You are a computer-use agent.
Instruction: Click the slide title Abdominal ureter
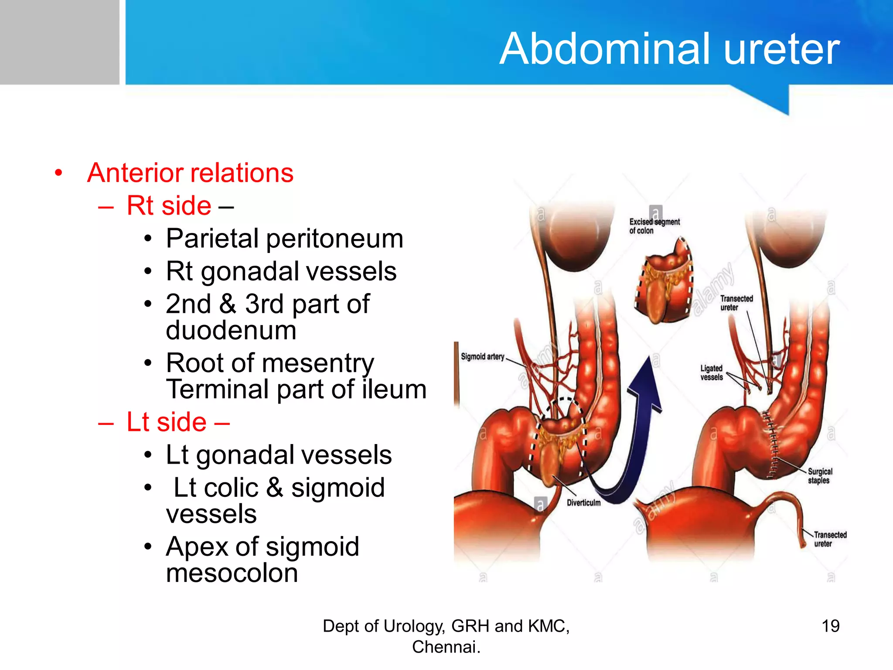coord(669,49)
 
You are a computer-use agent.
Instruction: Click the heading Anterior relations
coord(190,173)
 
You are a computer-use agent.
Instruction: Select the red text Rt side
coord(169,205)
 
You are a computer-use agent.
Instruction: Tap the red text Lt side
coord(167,422)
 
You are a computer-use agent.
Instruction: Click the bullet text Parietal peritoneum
coord(284,239)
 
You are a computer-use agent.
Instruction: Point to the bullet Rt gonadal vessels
coord(281,271)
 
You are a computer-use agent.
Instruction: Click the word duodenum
coord(231,330)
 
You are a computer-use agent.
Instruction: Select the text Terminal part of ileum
coord(296,389)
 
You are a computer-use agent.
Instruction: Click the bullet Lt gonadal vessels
coord(279,455)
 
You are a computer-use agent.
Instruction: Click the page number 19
coord(830,626)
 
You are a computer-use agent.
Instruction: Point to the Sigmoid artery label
coord(482,357)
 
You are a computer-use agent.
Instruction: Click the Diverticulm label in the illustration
coord(583,503)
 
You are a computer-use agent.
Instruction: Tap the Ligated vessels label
coord(711,373)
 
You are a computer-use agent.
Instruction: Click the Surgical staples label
coord(819,476)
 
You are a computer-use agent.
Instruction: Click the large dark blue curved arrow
coord(637,441)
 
